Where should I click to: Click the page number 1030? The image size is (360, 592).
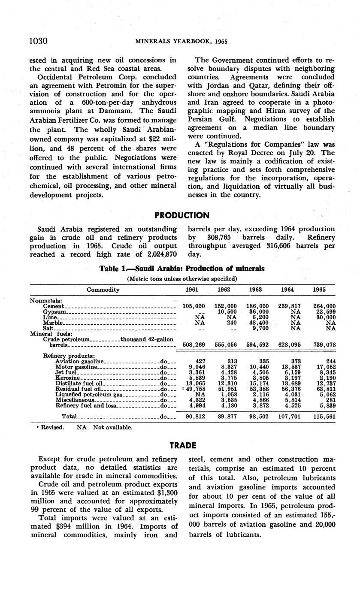(38, 41)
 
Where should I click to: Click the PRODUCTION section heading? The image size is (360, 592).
(182, 215)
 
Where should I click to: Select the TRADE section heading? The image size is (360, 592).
(182, 445)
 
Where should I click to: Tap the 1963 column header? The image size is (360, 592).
(256, 290)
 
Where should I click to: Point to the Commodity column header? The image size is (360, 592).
(103, 290)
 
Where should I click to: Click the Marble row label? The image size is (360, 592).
(53, 323)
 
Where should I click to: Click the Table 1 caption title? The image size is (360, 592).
(182, 269)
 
